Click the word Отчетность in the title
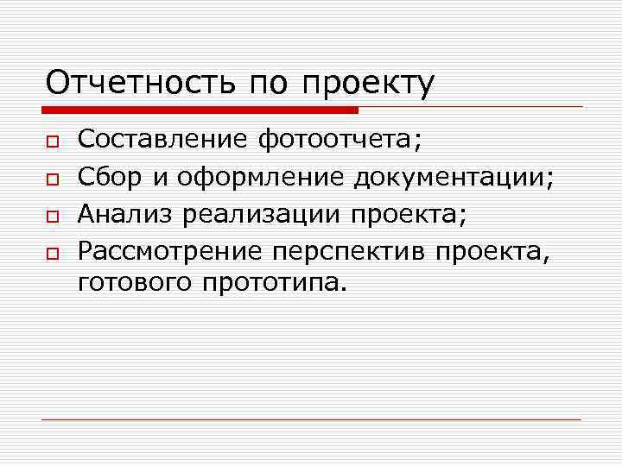click(142, 84)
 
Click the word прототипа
click(273, 284)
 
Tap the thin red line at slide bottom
click(311, 420)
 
